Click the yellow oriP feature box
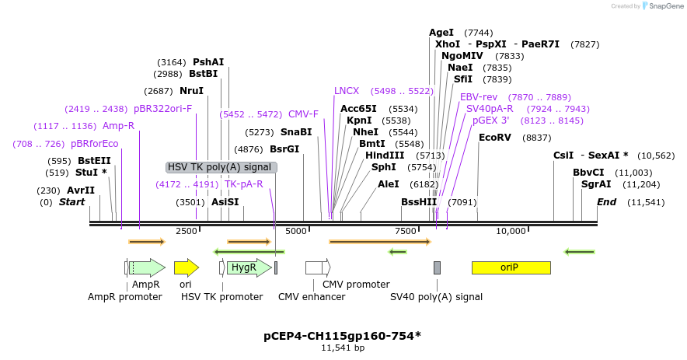click(x=511, y=267)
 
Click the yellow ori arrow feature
click(x=186, y=267)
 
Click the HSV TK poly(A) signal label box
click(x=221, y=167)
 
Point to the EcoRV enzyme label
click(x=495, y=138)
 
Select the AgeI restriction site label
click(x=441, y=33)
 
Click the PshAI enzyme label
click(x=208, y=62)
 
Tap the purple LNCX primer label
click(x=347, y=91)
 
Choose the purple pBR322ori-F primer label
click(x=163, y=109)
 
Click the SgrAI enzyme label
click(x=596, y=184)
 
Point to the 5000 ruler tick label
click(x=296, y=231)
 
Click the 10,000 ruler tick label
click(x=511, y=231)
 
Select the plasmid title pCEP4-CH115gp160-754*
click(x=343, y=336)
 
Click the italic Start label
click(x=72, y=202)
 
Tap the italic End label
click(x=607, y=202)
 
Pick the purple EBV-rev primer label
click(x=479, y=97)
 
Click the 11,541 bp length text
click(x=343, y=348)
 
